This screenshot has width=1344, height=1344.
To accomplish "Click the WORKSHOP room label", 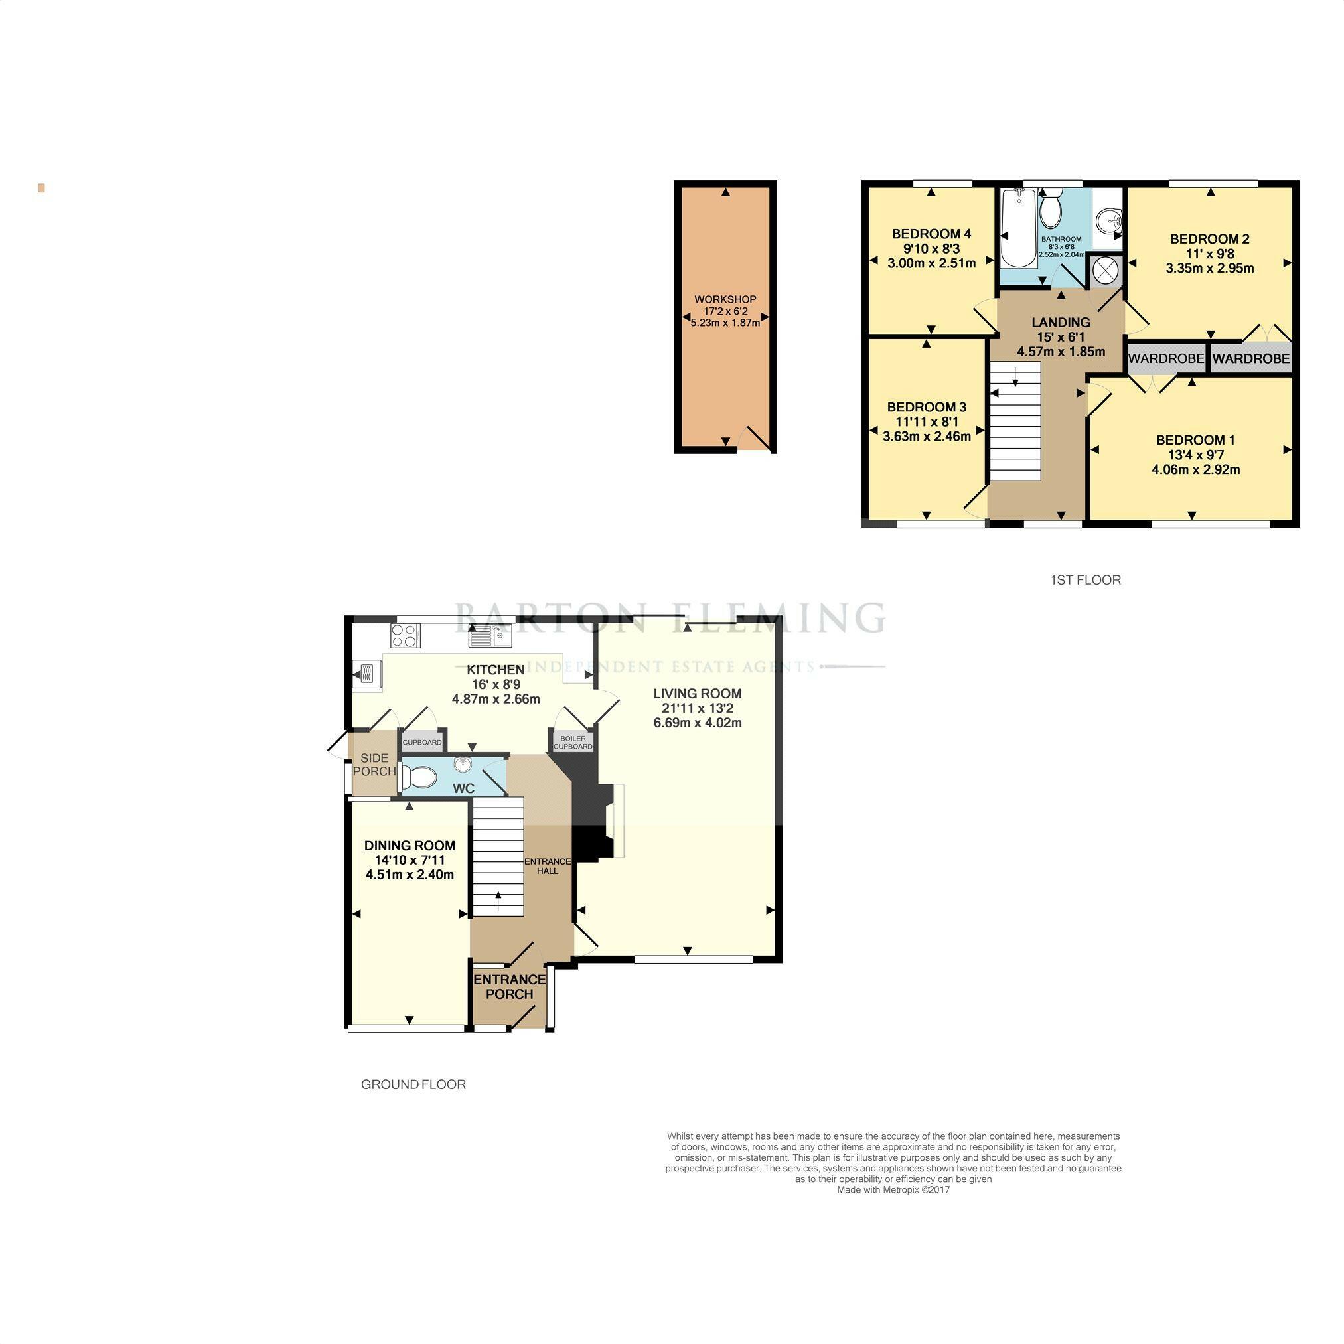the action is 725,299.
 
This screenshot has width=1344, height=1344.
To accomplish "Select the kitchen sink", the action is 490,635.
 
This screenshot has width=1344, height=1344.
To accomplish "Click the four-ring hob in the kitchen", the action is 406,636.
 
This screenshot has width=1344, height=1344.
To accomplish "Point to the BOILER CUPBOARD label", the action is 573,742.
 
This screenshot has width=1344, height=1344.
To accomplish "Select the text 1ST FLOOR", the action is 1085,580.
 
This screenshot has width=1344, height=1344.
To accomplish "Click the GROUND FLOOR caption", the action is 413,1084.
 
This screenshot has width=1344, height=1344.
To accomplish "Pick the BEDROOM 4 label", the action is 931,234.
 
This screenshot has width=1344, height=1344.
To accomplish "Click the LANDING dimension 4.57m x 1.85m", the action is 1061,352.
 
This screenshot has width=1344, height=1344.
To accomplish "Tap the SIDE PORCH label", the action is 374,765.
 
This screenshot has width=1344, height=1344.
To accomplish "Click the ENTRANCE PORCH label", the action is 509,986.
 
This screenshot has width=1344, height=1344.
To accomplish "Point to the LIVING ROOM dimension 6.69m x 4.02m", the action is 697,723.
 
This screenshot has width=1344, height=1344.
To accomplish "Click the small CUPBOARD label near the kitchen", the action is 422,742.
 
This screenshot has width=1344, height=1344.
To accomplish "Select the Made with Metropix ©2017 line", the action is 893,1189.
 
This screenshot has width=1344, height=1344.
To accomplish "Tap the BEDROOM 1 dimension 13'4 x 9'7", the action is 1195,455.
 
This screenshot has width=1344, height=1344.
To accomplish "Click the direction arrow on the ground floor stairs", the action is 498,901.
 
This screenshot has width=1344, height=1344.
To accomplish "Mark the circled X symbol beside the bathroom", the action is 1104,272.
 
